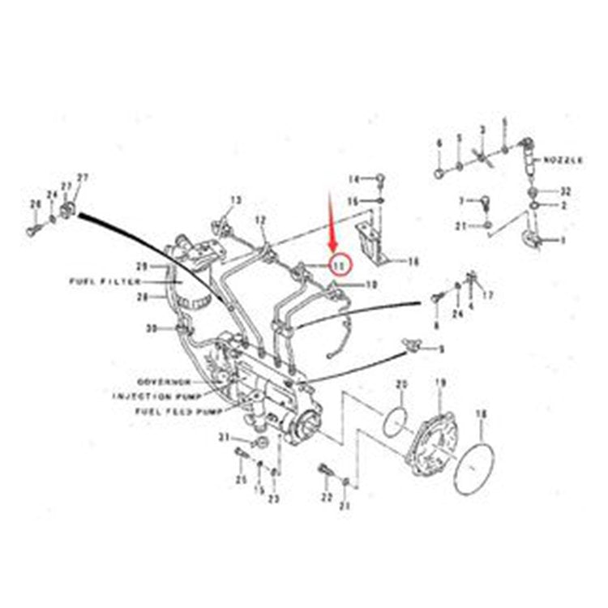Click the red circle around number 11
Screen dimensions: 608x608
(x=339, y=264)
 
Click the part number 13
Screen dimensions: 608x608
(x=235, y=199)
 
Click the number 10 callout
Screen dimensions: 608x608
(x=371, y=285)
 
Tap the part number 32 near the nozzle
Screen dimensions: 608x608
(x=565, y=191)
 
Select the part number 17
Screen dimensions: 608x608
(x=487, y=295)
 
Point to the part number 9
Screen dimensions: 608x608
(x=441, y=349)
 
